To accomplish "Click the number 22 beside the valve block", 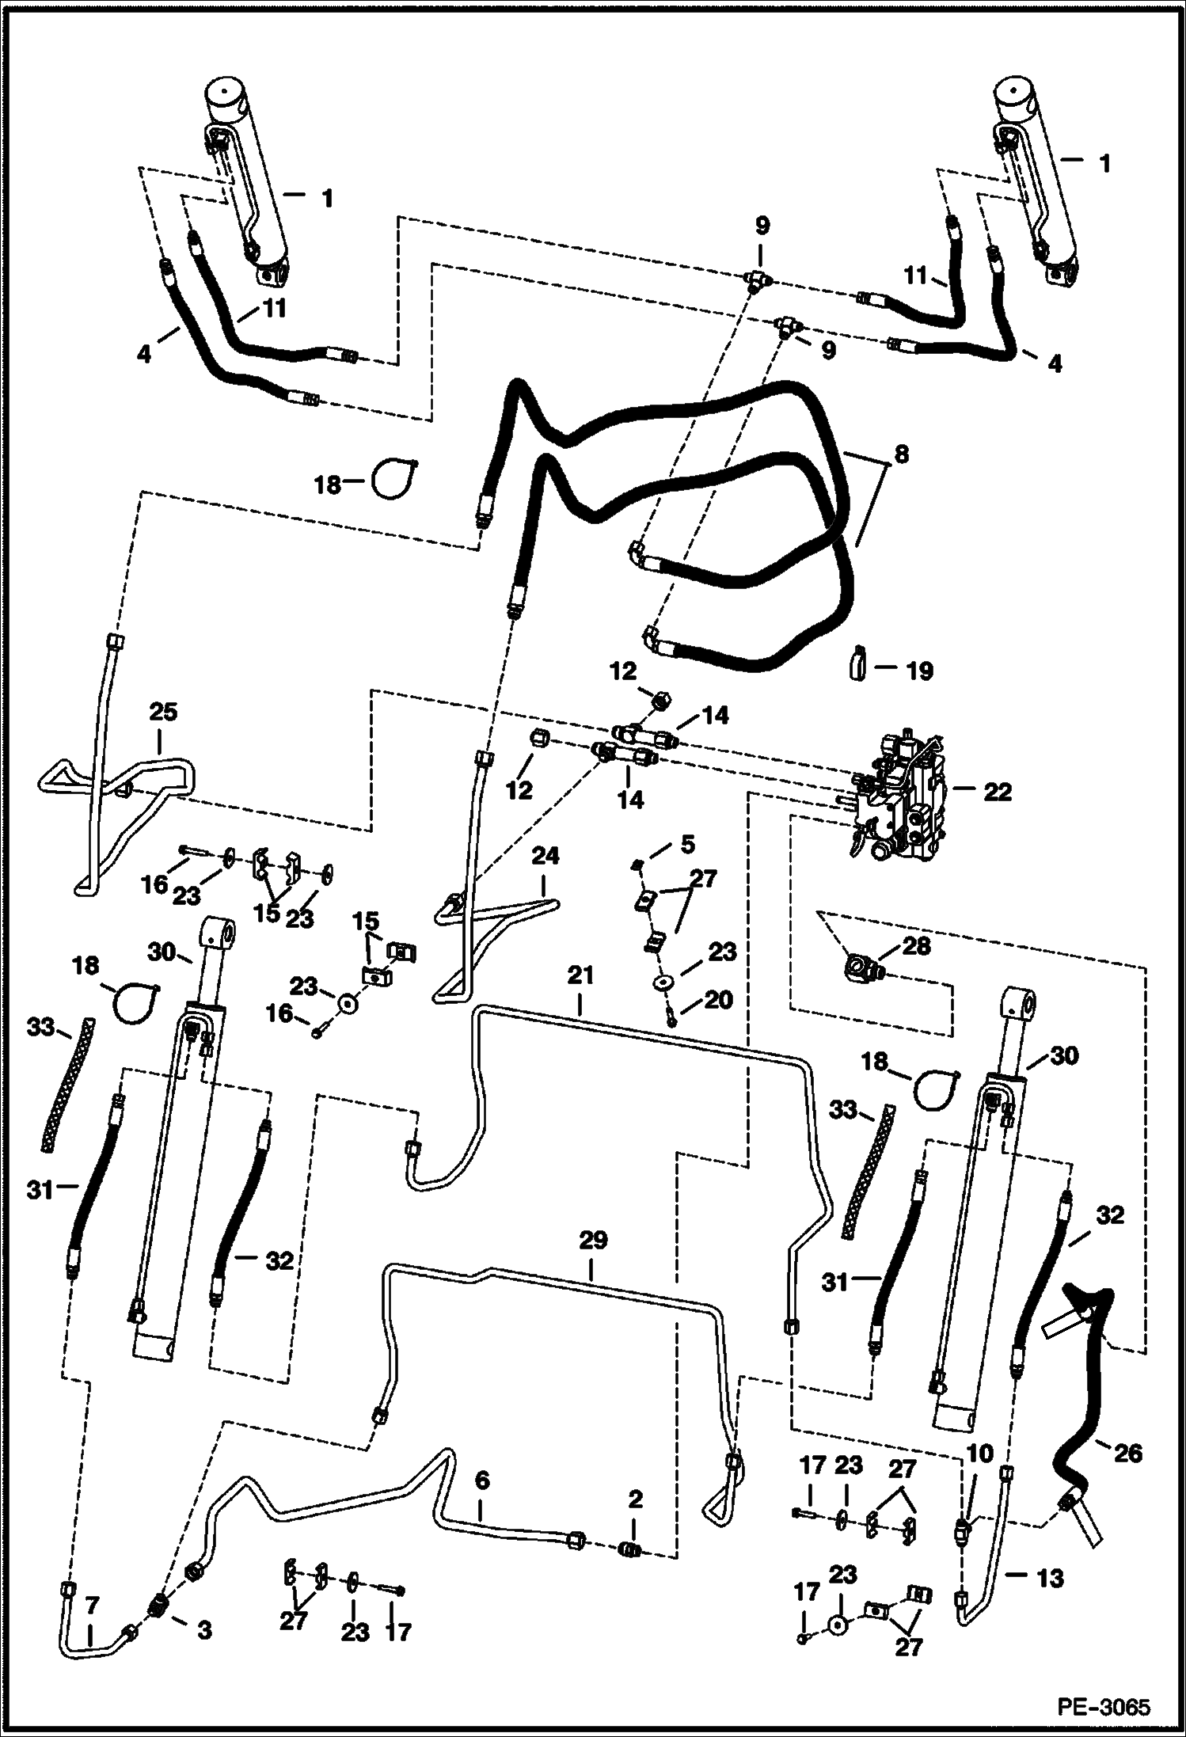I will [997, 791].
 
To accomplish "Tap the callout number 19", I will [918, 670].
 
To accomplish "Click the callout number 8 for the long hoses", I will [900, 454].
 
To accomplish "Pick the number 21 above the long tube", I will [580, 977].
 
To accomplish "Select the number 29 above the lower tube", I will [593, 1241].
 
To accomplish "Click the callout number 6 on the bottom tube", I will [482, 1479].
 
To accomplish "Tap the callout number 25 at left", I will [163, 712].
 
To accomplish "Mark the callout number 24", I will [545, 856].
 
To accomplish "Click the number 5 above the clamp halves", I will [687, 844].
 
